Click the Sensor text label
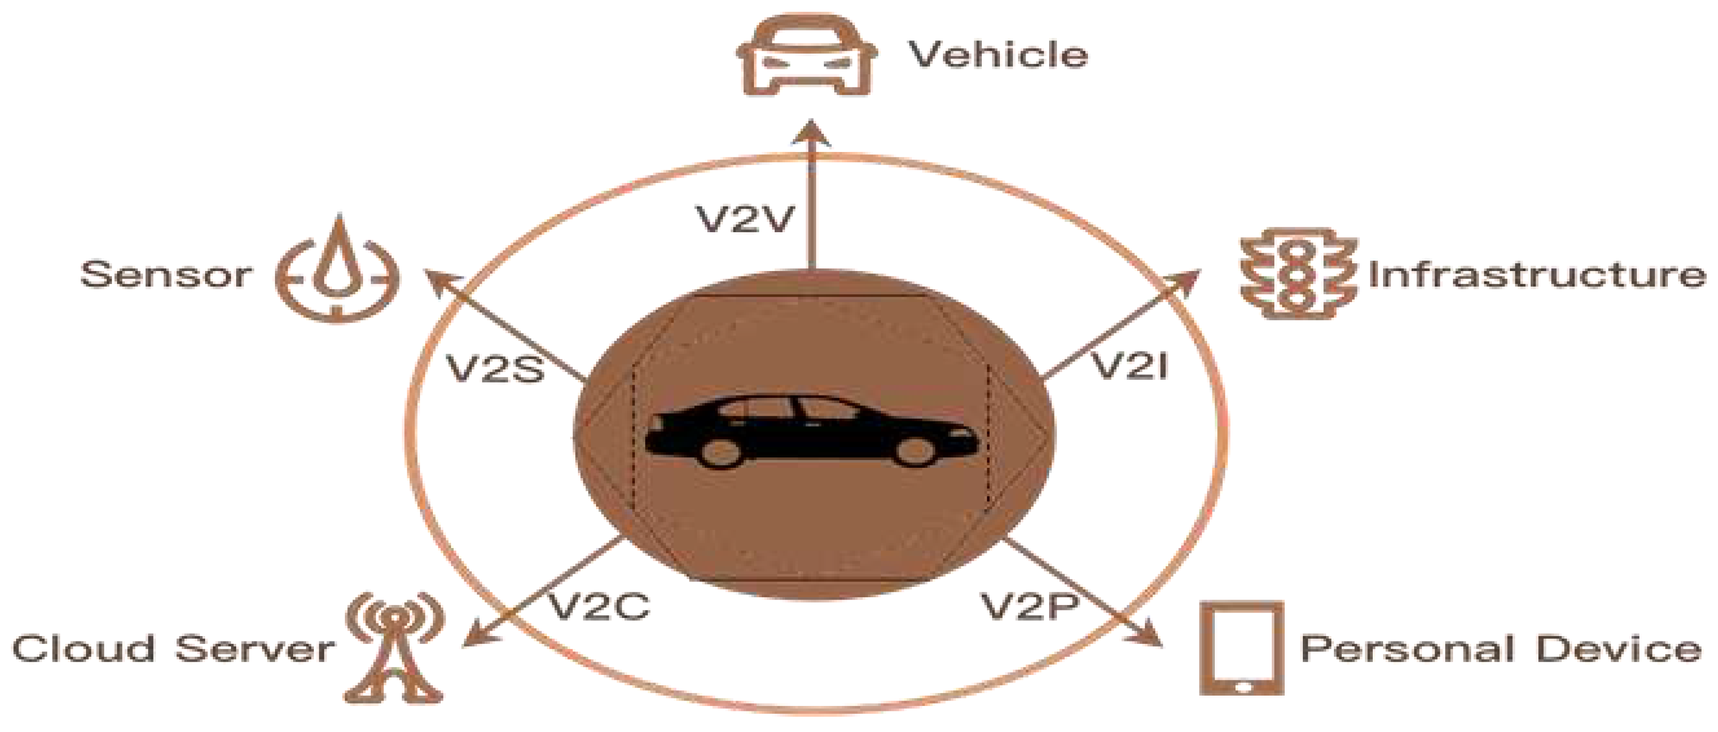(x=165, y=274)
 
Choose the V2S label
(x=495, y=367)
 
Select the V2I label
(x=1128, y=365)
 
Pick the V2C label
(x=598, y=606)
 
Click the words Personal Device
(x=1501, y=648)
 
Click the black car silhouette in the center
(x=811, y=431)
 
